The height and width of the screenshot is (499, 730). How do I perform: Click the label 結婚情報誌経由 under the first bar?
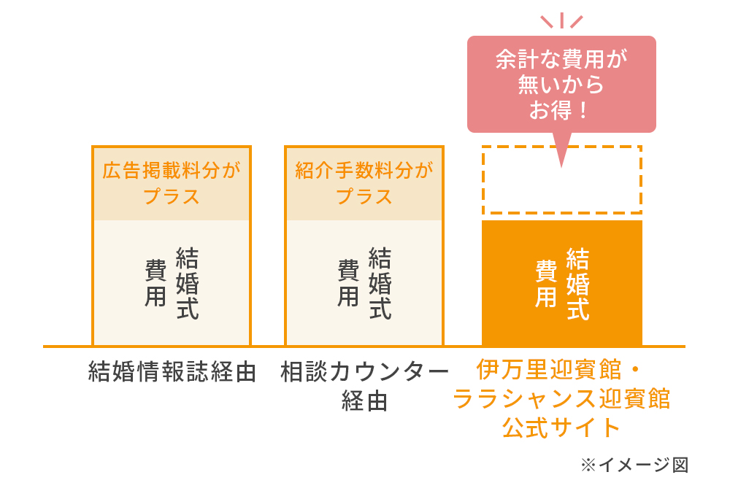tap(172, 372)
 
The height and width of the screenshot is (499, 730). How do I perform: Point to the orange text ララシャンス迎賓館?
tap(561, 399)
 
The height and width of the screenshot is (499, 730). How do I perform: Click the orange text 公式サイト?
tap(561, 428)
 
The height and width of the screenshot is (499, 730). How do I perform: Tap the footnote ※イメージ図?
tap(634, 465)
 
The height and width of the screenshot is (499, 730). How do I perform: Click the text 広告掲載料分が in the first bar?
tap(172, 171)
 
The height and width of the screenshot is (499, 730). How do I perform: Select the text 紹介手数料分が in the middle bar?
tap(364, 171)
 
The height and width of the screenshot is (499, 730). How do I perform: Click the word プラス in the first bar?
tap(172, 197)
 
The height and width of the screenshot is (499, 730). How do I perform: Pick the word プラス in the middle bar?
tap(364, 197)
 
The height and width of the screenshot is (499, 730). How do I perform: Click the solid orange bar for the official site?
tap(562, 283)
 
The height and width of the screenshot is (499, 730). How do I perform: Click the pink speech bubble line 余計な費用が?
tap(561, 59)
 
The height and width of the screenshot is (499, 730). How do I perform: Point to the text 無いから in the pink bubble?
tap(561, 85)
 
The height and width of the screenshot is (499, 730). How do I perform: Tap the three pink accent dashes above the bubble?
tap(561, 20)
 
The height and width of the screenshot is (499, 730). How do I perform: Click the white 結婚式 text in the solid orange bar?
tap(577, 283)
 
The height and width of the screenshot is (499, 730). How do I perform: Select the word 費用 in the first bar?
tap(155, 283)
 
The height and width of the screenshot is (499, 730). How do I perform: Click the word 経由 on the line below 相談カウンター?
tap(364, 401)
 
